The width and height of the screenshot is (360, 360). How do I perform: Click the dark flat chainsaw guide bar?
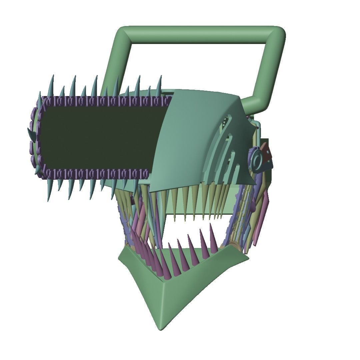coord(100,137)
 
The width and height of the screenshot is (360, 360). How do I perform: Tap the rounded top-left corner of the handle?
coord(124,33)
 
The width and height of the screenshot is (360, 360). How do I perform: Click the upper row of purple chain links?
coord(107,100)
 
